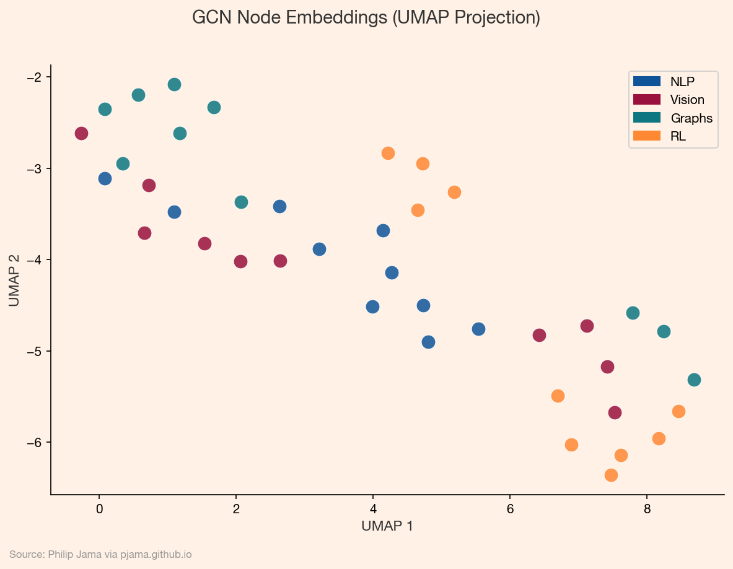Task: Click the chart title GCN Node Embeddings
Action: [x=366, y=17]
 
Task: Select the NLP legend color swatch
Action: [x=647, y=81]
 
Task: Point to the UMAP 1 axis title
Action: [x=387, y=526]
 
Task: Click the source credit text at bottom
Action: [x=100, y=555]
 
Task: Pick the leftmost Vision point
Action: [x=81, y=134]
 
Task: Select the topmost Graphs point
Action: [x=175, y=85]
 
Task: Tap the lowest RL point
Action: [x=611, y=475]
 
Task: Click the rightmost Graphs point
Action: [x=694, y=380]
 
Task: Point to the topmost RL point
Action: [x=388, y=153]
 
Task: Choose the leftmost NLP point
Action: [x=105, y=178]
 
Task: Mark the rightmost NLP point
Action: [x=478, y=329]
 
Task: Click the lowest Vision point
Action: [x=615, y=412]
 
